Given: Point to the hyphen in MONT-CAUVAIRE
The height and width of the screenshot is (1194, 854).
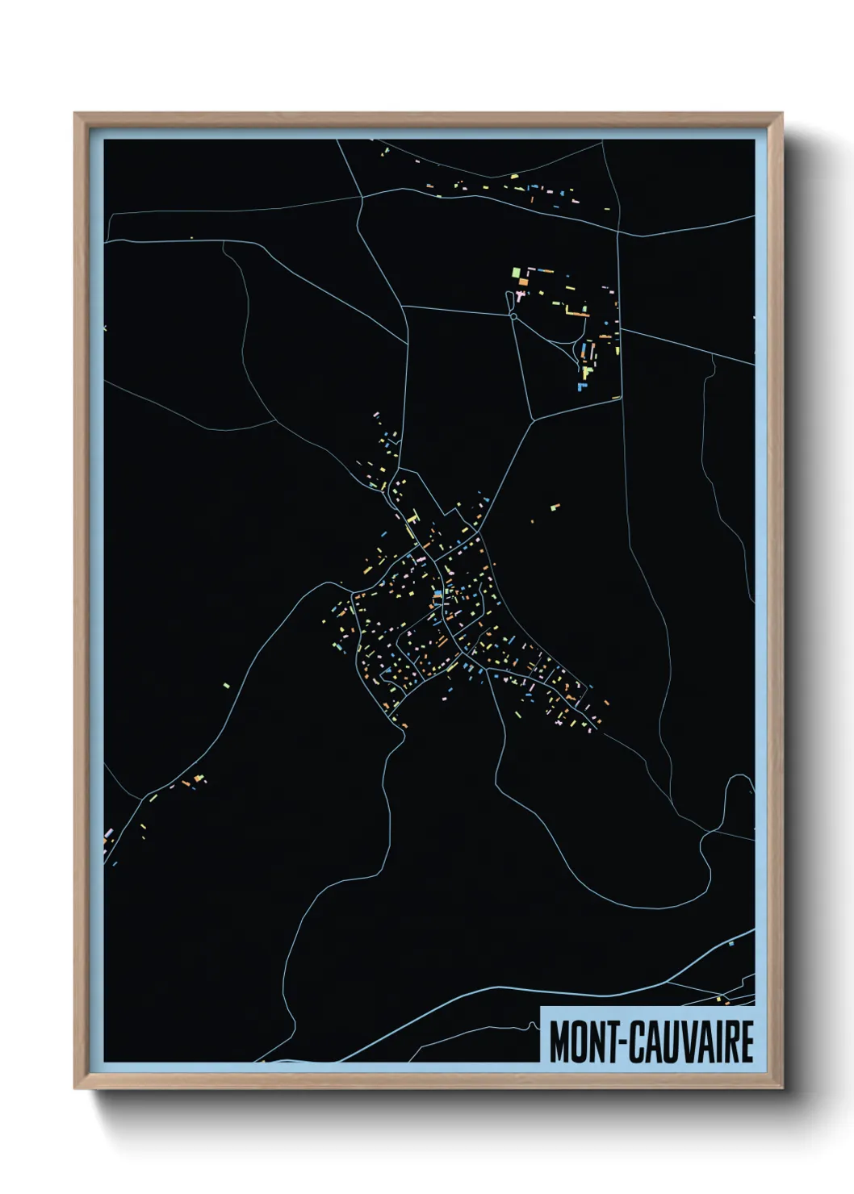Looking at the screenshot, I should coord(622,1042).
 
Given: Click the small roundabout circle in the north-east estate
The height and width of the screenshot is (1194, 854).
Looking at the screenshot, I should coord(513,316).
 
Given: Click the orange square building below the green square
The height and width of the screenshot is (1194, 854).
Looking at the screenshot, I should coord(521,282).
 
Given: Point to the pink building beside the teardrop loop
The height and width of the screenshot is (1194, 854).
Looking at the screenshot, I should coord(521,297).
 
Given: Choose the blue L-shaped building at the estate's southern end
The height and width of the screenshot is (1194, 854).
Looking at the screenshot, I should coord(581,386).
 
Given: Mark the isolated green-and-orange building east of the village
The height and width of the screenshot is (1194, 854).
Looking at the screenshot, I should coord(555,507).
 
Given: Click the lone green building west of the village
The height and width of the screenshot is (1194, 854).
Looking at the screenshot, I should coord(227,686).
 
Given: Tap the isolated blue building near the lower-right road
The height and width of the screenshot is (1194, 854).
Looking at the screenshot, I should coord(731,942).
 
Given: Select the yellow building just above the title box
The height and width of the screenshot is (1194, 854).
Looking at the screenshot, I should coord(724,1002).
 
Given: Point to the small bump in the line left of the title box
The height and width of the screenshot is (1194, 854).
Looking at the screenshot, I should coord(534,1025).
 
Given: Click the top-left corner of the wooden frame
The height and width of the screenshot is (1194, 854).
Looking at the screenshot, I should coord(75,114).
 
